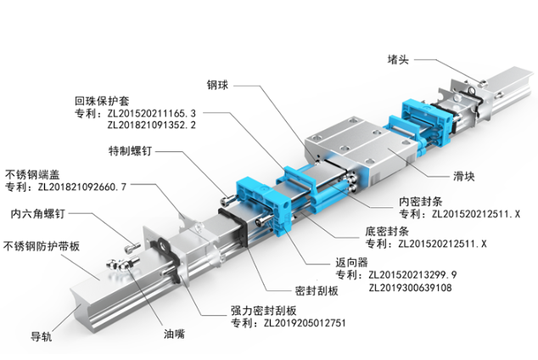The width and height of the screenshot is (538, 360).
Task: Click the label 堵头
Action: [398, 59]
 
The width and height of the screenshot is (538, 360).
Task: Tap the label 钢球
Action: [218, 85]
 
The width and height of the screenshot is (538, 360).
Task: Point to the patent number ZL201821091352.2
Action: [152, 125]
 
